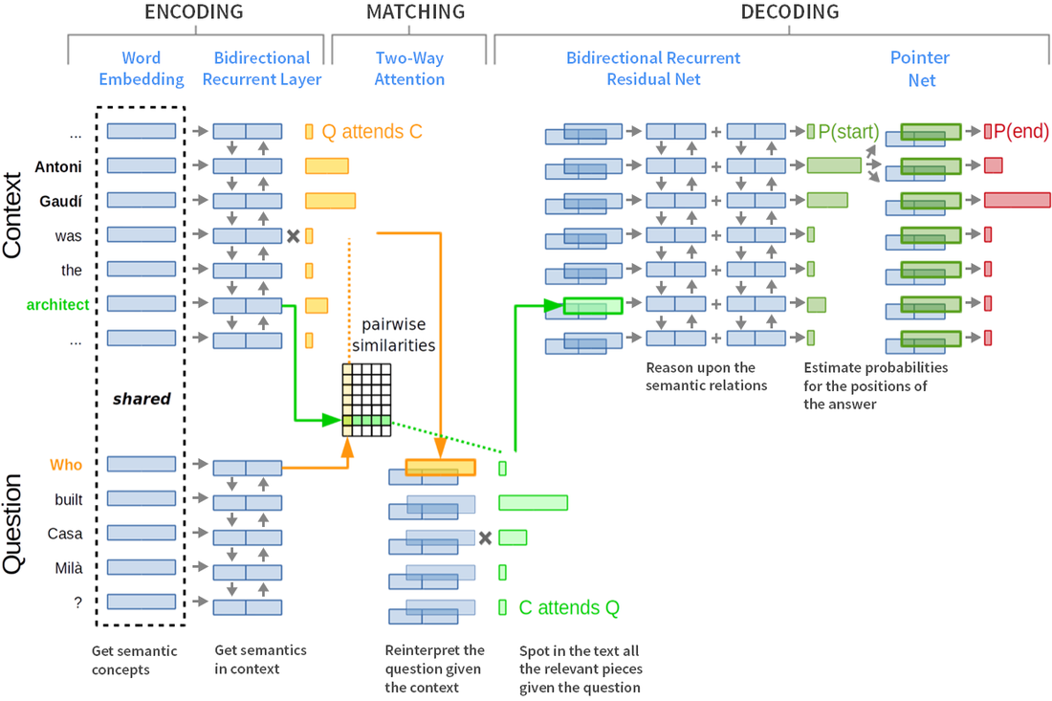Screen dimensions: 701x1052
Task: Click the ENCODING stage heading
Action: (193, 12)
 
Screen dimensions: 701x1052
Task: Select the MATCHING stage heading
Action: (415, 12)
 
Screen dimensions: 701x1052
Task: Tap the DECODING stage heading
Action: (790, 12)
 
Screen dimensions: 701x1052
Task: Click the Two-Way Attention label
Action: (409, 69)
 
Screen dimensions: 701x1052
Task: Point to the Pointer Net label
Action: (921, 69)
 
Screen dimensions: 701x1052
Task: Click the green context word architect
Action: (57, 305)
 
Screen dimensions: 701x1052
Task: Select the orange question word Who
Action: (67, 465)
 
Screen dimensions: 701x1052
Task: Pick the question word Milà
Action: (65, 568)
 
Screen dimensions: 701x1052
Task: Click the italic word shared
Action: (142, 399)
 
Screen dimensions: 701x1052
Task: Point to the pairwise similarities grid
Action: (367, 400)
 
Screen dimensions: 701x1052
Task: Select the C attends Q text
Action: (568, 606)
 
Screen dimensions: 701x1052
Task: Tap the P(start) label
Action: (847, 132)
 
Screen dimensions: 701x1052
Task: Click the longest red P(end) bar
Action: (1016, 200)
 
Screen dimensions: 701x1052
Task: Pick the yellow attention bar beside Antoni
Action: (327, 166)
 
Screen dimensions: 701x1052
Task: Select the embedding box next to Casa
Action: (142, 533)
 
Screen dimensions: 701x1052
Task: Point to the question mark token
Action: (65, 602)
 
